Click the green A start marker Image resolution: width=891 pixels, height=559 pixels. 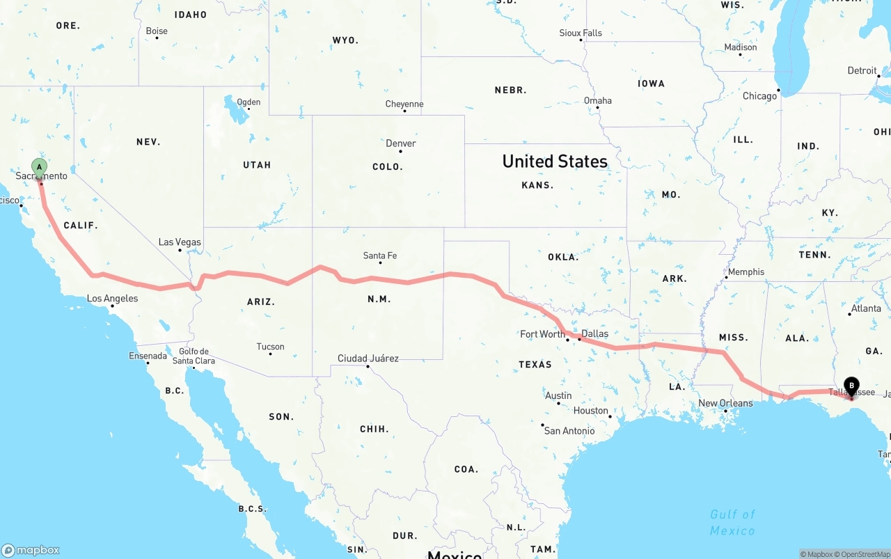(40, 167)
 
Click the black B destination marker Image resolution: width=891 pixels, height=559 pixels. (851, 386)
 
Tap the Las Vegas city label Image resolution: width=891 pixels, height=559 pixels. (180, 242)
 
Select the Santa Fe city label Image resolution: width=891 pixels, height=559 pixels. (380, 255)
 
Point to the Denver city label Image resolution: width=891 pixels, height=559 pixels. (401, 143)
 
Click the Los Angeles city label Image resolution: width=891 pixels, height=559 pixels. (112, 299)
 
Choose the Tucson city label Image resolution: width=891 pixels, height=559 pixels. (270, 347)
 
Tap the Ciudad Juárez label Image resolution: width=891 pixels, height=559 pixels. (368, 359)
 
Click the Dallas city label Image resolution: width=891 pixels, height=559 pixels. (594, 333)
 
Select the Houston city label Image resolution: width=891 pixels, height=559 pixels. (591, 411)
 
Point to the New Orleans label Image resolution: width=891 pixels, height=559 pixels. (725, 403)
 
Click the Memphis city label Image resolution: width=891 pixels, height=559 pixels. (746, 272)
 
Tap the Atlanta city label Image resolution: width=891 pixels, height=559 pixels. (866, 308)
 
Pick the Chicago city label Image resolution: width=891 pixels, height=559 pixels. (759, 96)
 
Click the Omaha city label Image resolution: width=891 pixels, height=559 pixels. (598, 100)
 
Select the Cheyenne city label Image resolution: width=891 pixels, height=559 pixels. (404, 104)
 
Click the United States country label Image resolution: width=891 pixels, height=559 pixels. (555, 162)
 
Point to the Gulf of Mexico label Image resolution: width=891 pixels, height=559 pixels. (732, 522)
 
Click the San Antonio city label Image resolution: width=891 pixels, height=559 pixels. (569, 431)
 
